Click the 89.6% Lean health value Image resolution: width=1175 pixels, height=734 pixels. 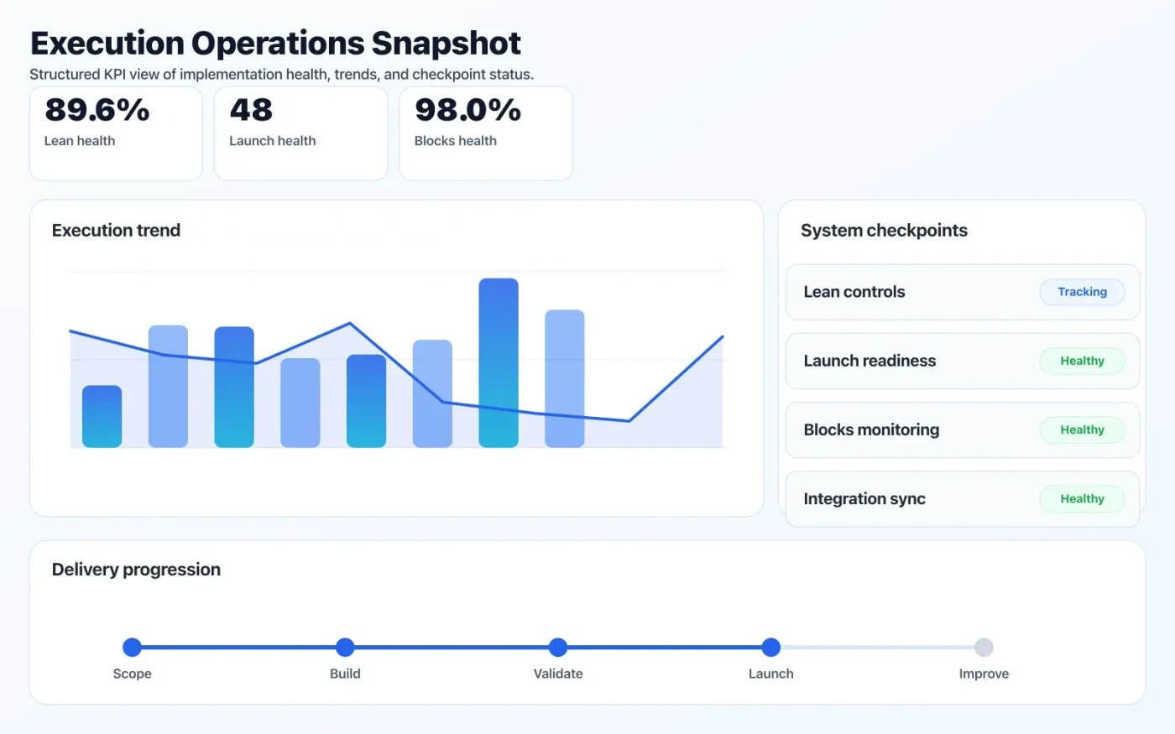pos(97,110)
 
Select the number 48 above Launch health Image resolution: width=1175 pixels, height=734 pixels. pos(251,110)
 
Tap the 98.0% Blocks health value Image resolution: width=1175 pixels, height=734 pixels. pos(467,110)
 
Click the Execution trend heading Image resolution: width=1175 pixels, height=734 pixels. pos(116,231)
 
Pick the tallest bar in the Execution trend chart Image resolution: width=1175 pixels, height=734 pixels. pos(499,362)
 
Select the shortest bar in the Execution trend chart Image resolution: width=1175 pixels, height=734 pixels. pos(102,416)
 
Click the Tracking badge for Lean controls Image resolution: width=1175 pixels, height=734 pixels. pos(1082,292)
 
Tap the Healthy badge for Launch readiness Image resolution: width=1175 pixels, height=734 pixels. pos(1082,361)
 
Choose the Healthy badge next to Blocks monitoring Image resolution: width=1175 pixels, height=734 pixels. pos(1082,429)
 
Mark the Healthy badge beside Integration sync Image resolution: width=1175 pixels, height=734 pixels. pos(1082,498)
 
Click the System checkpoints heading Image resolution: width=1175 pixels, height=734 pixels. pos(884,231)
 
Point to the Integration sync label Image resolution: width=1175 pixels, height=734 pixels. pos(864,499)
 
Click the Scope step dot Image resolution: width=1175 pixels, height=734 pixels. pos(132,647)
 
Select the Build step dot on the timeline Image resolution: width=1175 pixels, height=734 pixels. pos(345,647)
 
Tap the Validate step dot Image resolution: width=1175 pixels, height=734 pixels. pos(558,647)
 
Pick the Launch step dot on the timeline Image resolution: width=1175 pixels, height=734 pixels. pos(771,647)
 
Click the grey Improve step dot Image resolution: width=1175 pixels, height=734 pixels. pos(984,647)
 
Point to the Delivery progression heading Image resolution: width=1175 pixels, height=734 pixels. pos(136,570)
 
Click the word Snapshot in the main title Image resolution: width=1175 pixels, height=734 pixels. pos(446,43)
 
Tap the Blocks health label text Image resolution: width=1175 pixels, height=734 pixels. pos(456,141)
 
